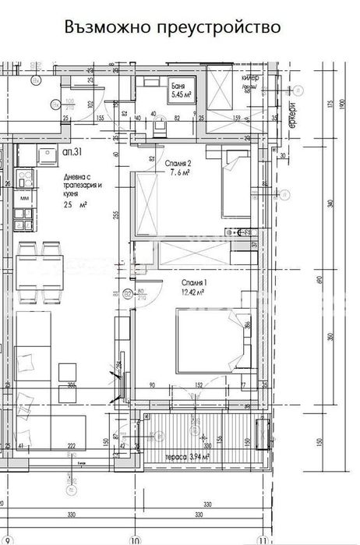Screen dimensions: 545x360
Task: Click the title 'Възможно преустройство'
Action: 172,28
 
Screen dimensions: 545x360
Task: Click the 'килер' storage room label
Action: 250,80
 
